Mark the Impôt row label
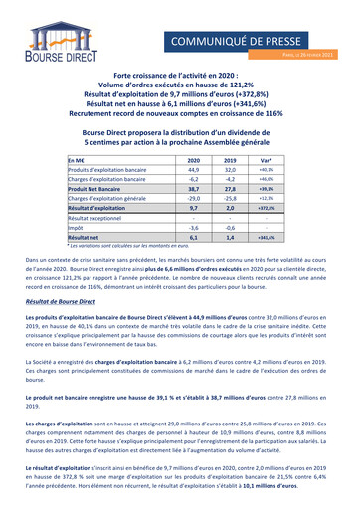point(76,226)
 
